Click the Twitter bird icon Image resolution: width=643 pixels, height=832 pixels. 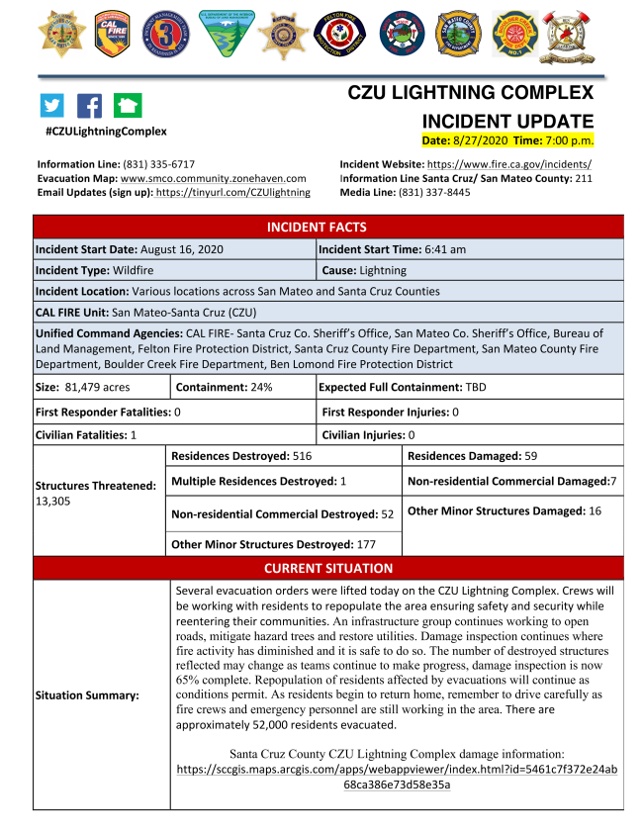tap(51, 106)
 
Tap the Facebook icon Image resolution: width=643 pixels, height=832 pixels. tap(89, 106)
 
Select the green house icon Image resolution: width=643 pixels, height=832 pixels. tap(127, 106)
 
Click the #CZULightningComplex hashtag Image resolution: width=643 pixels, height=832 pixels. tap(106, 132)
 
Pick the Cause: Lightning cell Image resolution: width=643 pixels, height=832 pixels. tap(364, 270)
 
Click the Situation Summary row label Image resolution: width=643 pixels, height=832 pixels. tap(87, 695)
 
